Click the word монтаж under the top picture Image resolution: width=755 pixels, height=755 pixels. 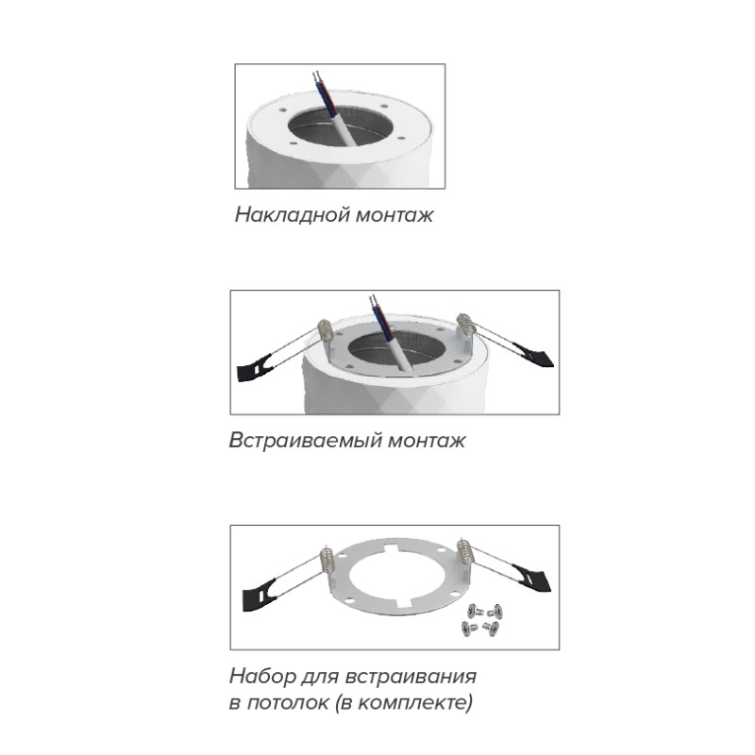pyautogui.click(x=394, y=215)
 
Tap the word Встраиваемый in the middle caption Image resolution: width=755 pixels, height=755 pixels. pyautogui.click(x=306, y=441)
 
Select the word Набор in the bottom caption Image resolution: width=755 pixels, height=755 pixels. pyautogui.click(x=263, y=676)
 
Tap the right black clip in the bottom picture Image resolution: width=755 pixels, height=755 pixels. pyautogui.click(x=531, y=578)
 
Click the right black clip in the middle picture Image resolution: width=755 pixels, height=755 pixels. pyautogui.click(x=533, y=355)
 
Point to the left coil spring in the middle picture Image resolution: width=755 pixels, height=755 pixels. pyautogui.click(x=325, y=331)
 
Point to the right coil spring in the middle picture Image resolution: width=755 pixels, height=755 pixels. pyautogui.click(x=465, y=325)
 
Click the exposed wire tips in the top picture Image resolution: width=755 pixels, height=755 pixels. pyautogui.click(x=316, y=76)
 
